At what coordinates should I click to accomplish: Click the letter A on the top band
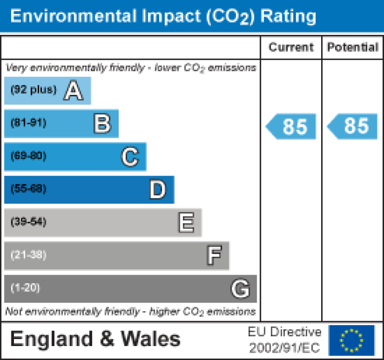[x=73, y=91]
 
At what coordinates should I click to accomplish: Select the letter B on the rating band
[x=102, y=124]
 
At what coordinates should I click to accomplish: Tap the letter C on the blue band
[x=130, y=157]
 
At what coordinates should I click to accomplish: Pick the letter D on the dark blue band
[x=158, y=189]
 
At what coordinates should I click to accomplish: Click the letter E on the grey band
[x=186, y=222]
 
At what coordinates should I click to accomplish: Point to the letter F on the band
[x=214, y=255]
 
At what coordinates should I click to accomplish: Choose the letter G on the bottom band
[x=240, y=288]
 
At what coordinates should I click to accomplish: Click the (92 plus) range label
[x=34, y=90]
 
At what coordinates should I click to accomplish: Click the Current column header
[x=291, y=47]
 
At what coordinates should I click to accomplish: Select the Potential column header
[x=353, y=47]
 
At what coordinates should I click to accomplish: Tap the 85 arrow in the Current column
[x=292, y=127]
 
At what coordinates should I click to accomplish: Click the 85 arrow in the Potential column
[x=353, y=127]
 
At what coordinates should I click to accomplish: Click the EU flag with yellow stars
[x=352, y=340]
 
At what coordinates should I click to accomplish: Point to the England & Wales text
[x=95, y=340]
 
